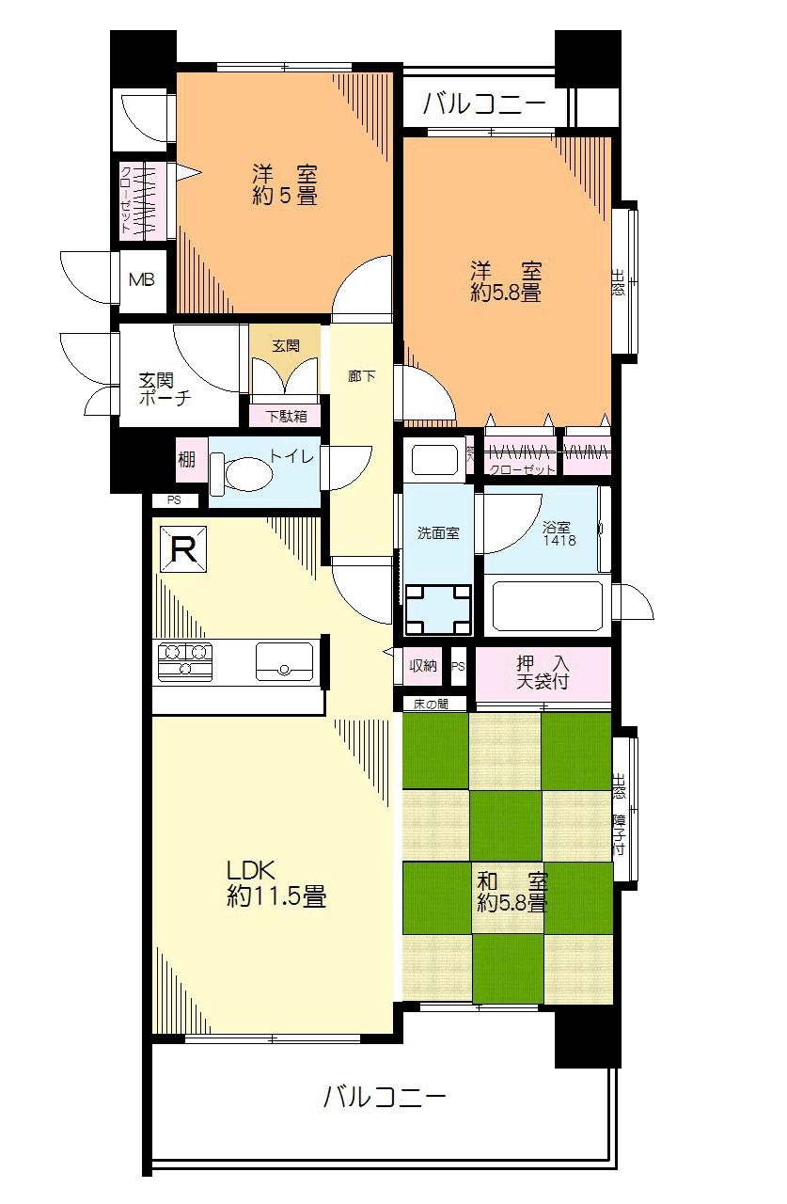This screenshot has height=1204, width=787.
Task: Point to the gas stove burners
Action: tap(185, 659)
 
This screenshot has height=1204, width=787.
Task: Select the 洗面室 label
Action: tap(438, 532)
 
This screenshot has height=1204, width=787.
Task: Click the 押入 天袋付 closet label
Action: tap(543, 672)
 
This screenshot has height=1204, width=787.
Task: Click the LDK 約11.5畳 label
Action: tap(275, 883)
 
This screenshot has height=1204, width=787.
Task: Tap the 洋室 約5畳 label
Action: tap(283, 185)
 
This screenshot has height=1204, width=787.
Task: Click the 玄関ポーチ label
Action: tap(165, 388)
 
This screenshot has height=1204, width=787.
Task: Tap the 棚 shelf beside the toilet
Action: tap(187, 461)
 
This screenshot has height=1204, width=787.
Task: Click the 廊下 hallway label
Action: tap(361, 376)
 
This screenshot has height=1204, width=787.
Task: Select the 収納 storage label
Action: tap(423, 666)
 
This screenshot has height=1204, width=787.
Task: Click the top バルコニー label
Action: tap(483, 103)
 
